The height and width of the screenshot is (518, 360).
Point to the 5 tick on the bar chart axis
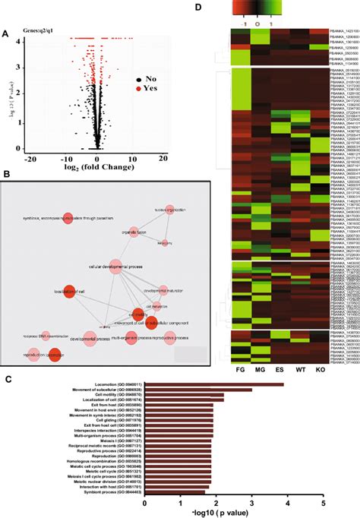[323, 503]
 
